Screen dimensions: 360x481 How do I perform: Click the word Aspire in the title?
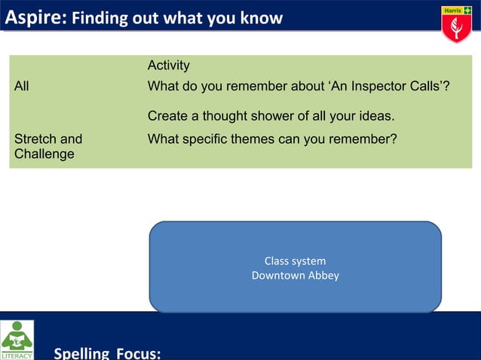35,17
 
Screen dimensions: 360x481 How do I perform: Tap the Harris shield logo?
455,24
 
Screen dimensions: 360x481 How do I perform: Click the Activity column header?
168,66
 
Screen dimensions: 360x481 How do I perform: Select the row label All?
22,87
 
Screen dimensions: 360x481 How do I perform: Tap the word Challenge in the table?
44,154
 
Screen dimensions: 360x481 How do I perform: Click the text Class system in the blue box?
295,261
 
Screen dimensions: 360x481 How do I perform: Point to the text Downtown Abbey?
295,276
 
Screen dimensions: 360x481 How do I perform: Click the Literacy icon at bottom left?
17,340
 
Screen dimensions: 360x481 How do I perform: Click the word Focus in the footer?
138,352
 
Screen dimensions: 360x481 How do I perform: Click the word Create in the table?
167,117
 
